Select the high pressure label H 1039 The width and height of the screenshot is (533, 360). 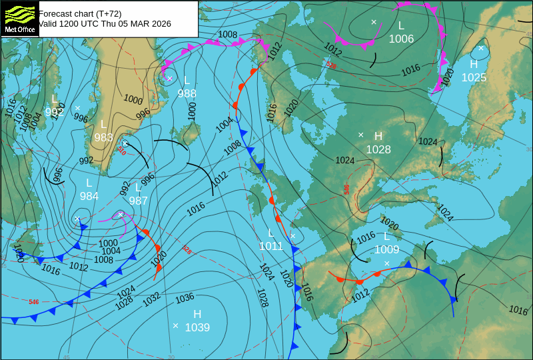[x=197, y=321]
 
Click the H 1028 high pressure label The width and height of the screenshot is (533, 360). [x=378, y=143]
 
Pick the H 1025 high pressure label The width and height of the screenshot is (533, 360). [x=474, y=71]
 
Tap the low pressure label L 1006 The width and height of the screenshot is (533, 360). [x=401, y=32]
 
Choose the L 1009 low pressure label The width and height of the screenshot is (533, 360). [x=386, y=243]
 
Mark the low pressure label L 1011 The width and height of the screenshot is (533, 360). [x=271, y=240]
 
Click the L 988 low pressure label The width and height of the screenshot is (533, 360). [x=187, y=87]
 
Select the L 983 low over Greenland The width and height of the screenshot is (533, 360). [x=103, y=131]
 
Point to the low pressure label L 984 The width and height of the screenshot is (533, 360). [x=89, y=189]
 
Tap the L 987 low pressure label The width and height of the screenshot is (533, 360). [x=138, y=194]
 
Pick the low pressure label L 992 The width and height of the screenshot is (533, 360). [x=54, y=106]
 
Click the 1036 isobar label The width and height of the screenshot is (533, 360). [x=185, y=298]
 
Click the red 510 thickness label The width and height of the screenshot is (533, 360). [x=122, y=151]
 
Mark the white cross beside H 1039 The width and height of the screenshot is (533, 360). [x=175, y=325]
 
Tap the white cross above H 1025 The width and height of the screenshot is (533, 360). [x=480, y=48]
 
